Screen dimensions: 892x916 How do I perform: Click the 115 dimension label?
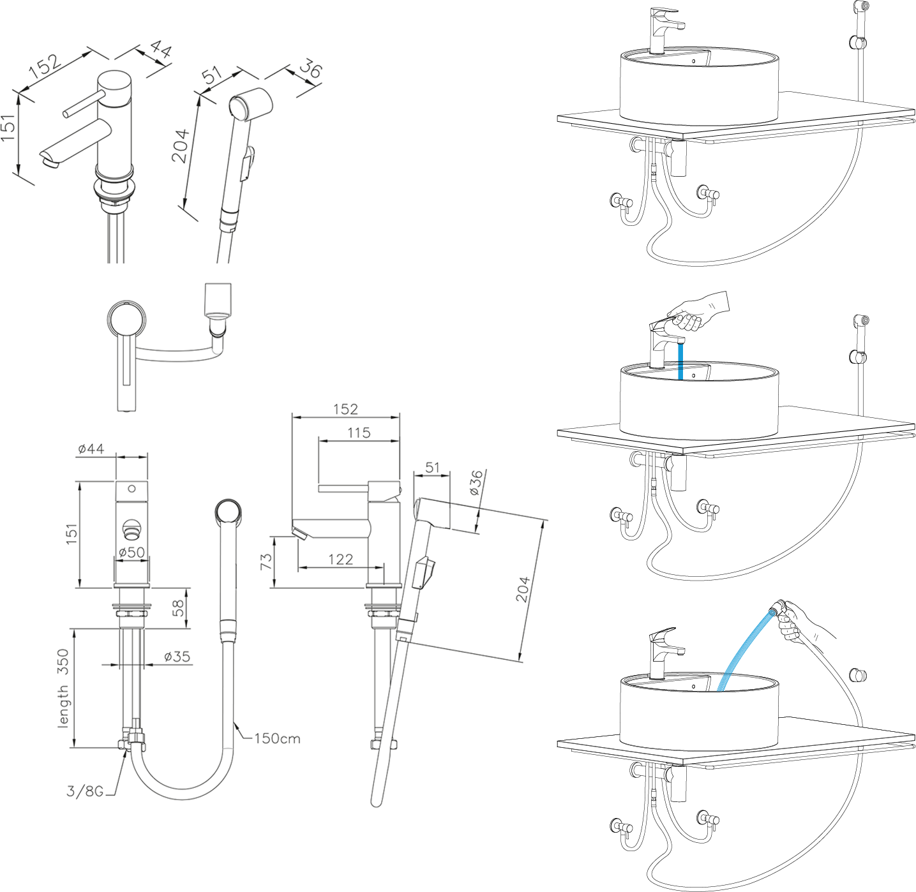pos(359,433)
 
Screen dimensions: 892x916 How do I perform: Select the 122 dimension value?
pos(340,559)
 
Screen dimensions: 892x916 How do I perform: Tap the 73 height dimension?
pos(266,561)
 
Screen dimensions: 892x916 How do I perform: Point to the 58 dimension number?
pos(178,607)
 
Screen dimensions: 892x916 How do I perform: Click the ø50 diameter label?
pos(131,552)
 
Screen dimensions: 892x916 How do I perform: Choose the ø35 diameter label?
pos(177,656)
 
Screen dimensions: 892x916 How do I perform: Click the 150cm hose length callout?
pos(277,738)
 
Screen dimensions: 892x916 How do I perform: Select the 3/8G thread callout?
pos(85,791)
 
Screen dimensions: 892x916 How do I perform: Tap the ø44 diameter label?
pos(91,449)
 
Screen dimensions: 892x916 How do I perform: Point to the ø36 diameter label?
pos(476,483)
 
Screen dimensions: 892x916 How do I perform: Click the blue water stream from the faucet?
pos(680,361)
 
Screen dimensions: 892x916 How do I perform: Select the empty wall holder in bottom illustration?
pos(859,675)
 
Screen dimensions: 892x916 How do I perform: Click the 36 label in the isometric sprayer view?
pos(310,68)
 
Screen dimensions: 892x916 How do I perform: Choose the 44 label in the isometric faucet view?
pos(161,49)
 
